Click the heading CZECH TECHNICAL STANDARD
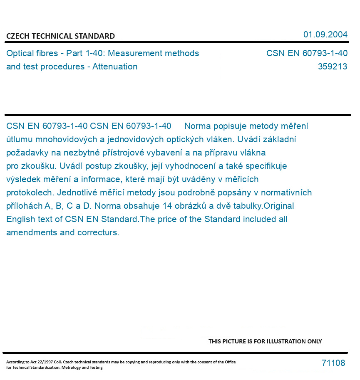click(60, 36)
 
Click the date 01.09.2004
click(325, 35)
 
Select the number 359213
click(332, 67)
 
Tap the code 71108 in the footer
click(333, 363)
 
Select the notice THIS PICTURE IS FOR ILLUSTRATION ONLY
click(265, 341)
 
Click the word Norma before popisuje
click(197, 126)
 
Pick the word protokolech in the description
click(30, 192)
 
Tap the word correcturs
click(98, 232)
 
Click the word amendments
click(32, 232)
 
